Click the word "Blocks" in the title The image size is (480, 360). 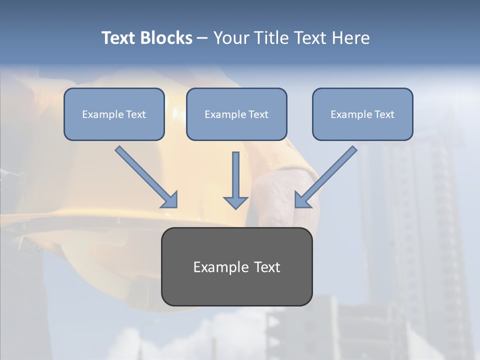click(166, 38)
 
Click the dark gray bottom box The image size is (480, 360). click(236, 290)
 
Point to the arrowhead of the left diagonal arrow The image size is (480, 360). click(170, 200)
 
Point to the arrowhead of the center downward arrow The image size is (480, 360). click(235, 202)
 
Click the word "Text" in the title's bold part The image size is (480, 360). click(119, 38)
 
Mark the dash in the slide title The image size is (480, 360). click(202, 38)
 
